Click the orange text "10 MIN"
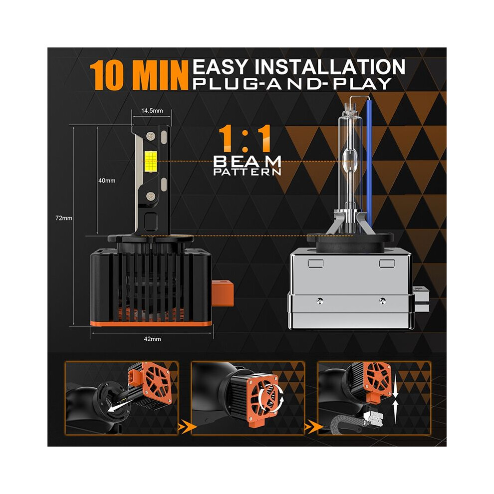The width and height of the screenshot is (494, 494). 139,75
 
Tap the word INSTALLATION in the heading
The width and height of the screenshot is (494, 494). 330,66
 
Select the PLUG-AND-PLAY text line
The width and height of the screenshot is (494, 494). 292,84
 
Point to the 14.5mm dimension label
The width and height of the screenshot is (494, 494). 152,111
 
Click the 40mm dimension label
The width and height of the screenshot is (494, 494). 107,181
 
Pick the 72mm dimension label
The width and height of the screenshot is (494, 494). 64,218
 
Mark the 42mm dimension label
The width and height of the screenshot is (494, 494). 152,339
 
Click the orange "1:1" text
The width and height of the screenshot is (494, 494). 245,138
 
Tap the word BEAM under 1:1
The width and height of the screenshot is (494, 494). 247,162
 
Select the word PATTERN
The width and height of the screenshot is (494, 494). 247,172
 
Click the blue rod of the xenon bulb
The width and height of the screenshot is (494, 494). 370,162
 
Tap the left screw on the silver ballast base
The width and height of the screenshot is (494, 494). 320,300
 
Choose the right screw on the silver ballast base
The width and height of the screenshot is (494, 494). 382,300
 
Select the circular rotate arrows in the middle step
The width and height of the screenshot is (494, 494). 270,397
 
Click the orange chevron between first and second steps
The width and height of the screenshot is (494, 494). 185,427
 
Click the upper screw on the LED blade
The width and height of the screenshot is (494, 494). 151,136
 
